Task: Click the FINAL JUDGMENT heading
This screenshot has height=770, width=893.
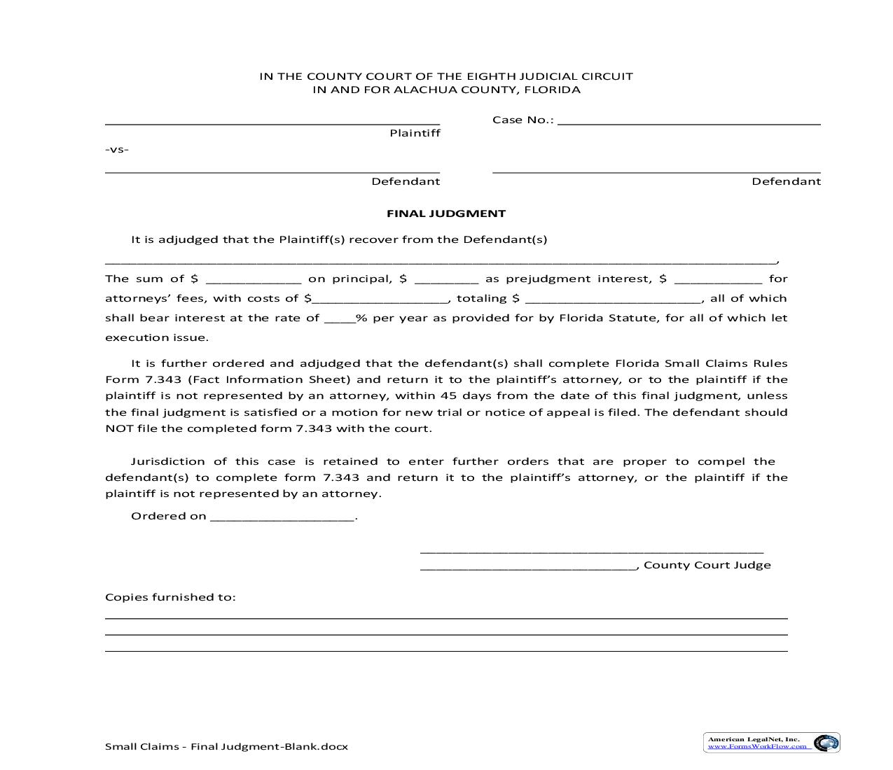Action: (446, 213)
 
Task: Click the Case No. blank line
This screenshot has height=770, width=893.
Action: (688, 121)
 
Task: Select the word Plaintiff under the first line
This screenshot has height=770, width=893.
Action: (415, 133)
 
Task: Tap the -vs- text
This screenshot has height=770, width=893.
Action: (117, 149)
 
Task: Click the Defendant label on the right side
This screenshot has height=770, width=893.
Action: (786, 181)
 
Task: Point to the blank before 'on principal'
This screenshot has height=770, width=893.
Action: (254, 280)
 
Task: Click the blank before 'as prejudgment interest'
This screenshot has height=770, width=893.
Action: (447, 280)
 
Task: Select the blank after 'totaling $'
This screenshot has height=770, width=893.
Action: (613, 300)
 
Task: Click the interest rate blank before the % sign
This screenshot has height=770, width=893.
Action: (340, 319)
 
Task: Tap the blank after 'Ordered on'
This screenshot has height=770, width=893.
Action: (282, 518)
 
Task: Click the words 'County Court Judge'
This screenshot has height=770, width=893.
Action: (707, 565)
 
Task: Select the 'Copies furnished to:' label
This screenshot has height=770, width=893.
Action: (170, 597)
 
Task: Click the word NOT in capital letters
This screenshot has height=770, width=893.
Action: (120, 428)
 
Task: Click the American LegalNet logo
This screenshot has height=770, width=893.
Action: (771, 743)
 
